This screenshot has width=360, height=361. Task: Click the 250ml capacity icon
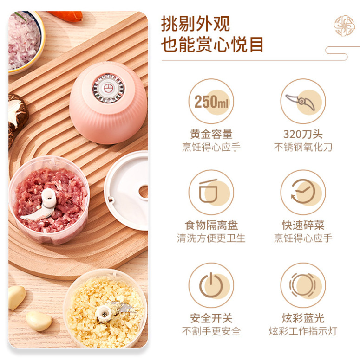coord(211,101)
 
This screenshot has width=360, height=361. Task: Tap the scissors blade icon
coord(302,101)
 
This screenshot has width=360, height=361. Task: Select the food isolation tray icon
coord(211,192)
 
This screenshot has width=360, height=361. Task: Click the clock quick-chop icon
coord(302,192)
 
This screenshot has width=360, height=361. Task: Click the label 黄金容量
coord(211,135)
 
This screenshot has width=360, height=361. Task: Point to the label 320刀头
coord(303,135)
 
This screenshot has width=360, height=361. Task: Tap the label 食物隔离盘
coord(211,226)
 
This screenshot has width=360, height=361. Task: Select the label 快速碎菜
coord(303,226)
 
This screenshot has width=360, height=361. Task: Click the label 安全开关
coord(211,318)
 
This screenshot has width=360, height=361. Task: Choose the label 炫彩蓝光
coord(303,318)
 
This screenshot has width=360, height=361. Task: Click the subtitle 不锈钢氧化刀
coord(303,148)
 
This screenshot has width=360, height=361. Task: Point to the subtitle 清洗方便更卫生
coord(211,239)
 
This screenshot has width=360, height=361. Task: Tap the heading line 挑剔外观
coord(195,24)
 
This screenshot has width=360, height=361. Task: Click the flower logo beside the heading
coord(344,26)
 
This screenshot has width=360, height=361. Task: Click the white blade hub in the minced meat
coord(48,200)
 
